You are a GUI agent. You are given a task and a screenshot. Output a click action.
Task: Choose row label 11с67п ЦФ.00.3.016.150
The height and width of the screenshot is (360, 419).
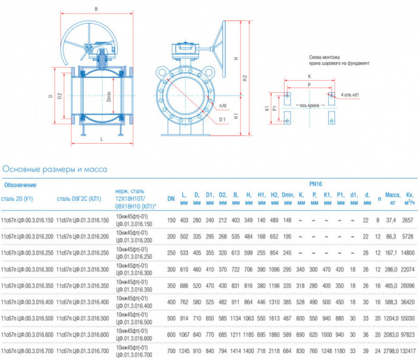(x=27, y=220)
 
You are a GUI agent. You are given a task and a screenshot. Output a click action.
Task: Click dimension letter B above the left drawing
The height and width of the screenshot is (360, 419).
(x=96, y=9)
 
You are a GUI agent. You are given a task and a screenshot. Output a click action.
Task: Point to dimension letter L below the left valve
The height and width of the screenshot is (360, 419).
(x=102, y=140)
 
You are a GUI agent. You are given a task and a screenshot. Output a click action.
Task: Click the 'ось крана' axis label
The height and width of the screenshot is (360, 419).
(x=309, y=105)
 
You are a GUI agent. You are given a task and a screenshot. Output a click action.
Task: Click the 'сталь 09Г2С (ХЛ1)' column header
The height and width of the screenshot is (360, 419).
(x=80, y=199)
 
